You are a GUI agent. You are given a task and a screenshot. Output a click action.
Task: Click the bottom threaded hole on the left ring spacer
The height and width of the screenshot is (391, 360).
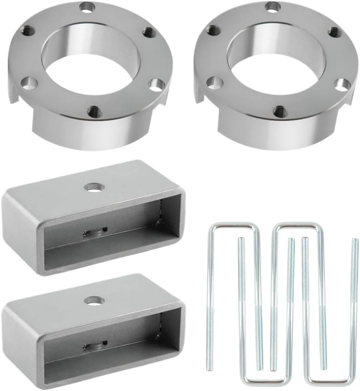click(x=94, y=111)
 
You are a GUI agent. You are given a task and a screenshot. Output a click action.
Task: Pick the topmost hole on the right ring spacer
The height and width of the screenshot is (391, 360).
click(x=273, y=7)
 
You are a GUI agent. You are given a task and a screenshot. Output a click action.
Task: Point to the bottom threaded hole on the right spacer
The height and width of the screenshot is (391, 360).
click(x=280, y=111)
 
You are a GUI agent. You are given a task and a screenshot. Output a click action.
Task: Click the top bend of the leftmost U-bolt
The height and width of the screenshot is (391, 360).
click(x=233, y=225)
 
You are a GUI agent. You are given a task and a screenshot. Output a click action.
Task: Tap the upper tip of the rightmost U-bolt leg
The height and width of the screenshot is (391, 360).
click(x=355, y=240)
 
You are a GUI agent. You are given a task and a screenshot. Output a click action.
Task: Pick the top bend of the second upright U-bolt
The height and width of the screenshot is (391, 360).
click(x=296, y=225)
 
